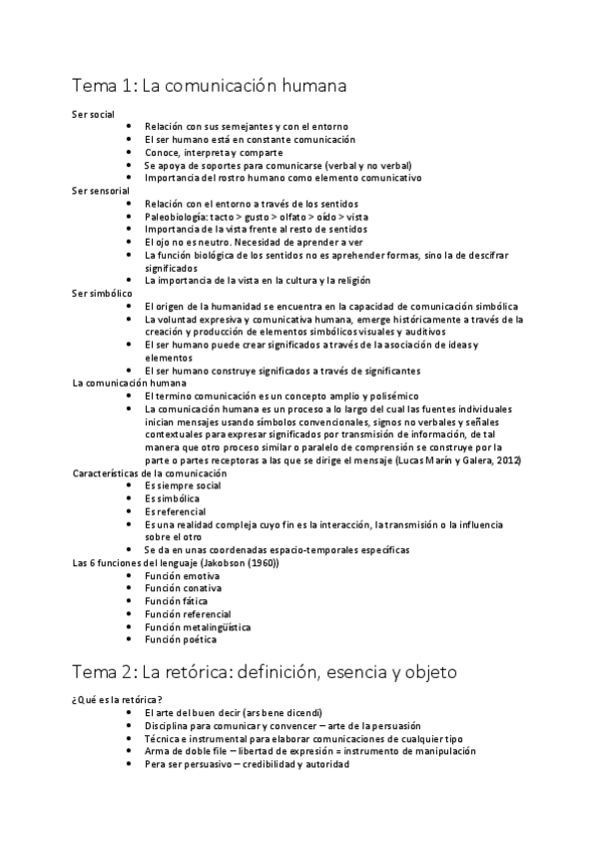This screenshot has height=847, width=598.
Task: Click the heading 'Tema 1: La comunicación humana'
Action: click(210, 87)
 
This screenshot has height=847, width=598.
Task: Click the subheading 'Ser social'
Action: click(94, 115)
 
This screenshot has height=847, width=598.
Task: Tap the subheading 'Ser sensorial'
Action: click(101, 190)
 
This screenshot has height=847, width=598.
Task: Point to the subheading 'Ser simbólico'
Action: click(102, 294)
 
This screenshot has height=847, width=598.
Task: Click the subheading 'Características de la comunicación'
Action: click(150, 472)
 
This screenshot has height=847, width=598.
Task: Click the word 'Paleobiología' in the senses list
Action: click(177, 216)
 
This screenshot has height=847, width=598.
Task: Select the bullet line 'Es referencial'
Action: click(175, 511)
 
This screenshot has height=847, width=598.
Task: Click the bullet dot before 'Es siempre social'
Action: click(130, 485)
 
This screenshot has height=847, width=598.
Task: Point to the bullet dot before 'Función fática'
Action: click(130, 601)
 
